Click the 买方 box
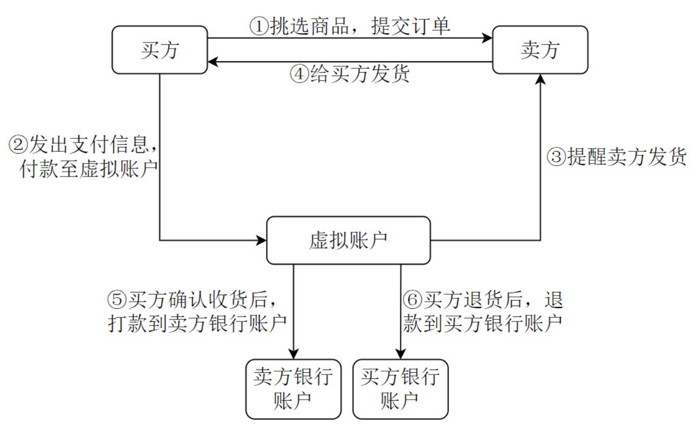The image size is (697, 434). click(x=160, y=50)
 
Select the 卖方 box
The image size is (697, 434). click(x=540, y=50)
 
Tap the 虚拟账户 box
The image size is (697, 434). click(x=348, y=240)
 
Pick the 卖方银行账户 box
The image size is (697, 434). click(x=293, y=389)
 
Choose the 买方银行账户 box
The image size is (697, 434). click(x=400, y=389)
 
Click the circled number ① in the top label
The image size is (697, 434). click(x=258, y=26)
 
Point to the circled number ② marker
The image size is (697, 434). click(x=18, y=145)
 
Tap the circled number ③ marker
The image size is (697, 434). click(x=556, y=157)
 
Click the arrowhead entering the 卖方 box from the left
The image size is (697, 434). click(x=487, y=38)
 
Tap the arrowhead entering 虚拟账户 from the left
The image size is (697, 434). click(x=261, y=240)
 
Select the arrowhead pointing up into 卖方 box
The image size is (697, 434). click(x=540, y=79)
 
